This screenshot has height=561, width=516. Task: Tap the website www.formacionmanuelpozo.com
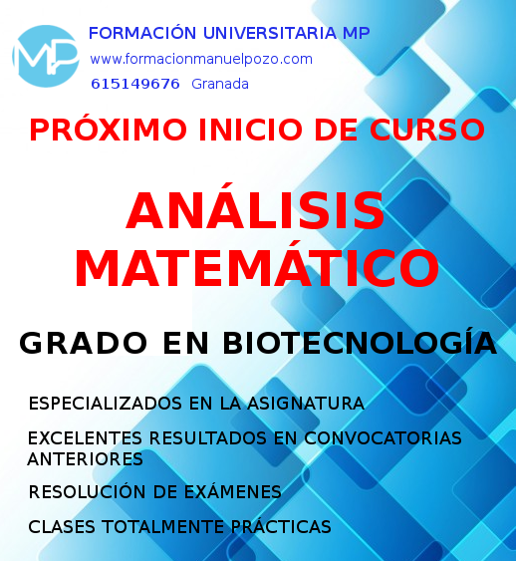coord(200,59)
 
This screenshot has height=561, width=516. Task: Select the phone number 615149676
coord(134,84)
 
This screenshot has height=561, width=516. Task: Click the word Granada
coord(220,84)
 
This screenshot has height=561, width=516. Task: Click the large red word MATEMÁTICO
coord(256,267)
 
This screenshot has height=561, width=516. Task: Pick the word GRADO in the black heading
coord(79,343)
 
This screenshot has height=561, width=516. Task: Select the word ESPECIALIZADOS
coord(98,404)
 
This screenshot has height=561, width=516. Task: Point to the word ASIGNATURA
coord(312,404)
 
